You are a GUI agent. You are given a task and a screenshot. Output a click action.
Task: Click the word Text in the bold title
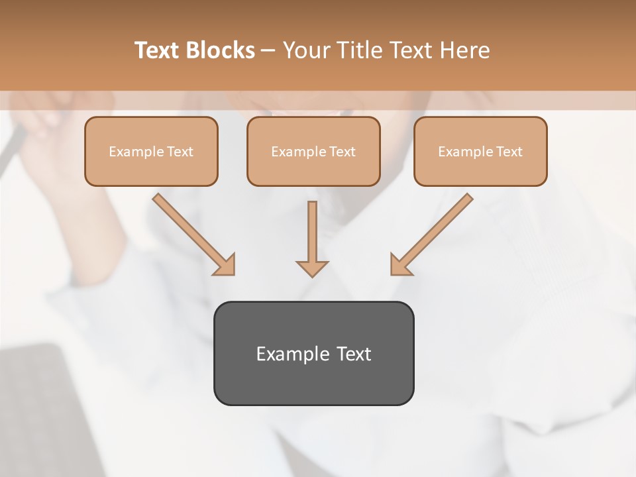point(158,50)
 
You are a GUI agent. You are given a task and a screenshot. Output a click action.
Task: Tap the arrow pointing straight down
point(312,238)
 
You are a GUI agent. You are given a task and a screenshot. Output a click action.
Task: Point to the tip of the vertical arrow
point(312,276)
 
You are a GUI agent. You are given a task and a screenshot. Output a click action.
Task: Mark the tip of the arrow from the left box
point(233,274)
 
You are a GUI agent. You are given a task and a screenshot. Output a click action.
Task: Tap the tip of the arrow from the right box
point(392,274)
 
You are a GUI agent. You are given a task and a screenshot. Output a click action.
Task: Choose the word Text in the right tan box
point(509,152)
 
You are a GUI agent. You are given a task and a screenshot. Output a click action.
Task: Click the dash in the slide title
point(268,51)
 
